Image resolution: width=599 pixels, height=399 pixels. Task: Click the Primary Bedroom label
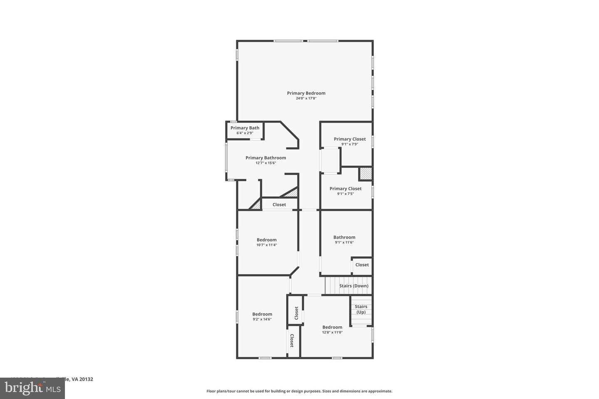pyautogui.click(x=306, y=93)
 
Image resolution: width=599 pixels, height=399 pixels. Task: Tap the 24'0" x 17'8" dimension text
pyautogui.click(x=306, y=99)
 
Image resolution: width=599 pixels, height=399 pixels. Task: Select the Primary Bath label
pyautogui.click(x=245, y=128)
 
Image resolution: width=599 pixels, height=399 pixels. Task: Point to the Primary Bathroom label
pyautogui.click(x=266, y=158)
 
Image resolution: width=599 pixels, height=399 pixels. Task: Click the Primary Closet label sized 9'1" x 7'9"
pyautogui.click(x=350, y=139)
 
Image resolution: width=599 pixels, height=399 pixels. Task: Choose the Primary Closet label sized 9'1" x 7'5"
pyautogui.click(x=346, y=189)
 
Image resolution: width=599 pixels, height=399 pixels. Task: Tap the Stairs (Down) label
pyautogui.click(x=354, y=286)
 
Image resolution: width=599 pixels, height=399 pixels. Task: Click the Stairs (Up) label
pyautogui.click(x=361, y=309)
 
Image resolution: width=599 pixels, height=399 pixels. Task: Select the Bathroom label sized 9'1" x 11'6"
pyautogui.click(x=344, y=237)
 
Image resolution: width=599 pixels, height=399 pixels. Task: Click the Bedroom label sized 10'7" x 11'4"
pyautogui.click(x=267, y=240)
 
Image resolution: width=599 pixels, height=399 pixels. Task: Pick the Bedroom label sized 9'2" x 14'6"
pyautogui.click(x=262, y=314)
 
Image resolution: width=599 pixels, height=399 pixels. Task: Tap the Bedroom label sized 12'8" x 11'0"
pyautogui.click(x=332, y=327)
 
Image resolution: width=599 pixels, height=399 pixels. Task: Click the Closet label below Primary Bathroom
pyautogui.click(x=279, y=204)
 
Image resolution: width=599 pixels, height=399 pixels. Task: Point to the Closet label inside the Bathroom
pyautogui.click(x=362, y=265)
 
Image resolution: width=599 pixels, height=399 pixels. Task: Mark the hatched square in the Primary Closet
pyautogui.click(x=365, y=174)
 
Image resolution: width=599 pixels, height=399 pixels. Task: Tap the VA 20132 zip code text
pyautogui.click(x=82, y=379)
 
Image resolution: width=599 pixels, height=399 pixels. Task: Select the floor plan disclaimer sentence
pyautogui.click(x=299, y=391)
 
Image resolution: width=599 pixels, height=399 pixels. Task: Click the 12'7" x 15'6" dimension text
pyautogui.click(x=266, y=163)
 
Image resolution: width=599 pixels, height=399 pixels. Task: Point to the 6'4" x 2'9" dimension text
pyautogui.click(x=245, y=133)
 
